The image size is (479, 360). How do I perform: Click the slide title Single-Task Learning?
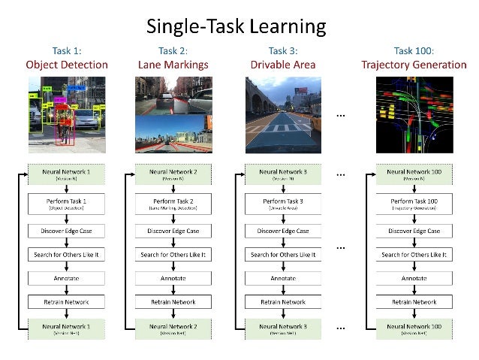[236, 27]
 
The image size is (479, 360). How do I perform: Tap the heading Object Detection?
[67, 65]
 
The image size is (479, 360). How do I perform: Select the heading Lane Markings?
[173, 65]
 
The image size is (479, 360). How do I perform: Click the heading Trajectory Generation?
[413, 65]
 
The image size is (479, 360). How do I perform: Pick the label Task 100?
[413, 50]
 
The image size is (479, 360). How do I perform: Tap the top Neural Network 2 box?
[173, 174]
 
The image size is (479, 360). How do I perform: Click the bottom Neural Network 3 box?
[282, 328]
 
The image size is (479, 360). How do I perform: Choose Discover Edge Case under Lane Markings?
[173, 231]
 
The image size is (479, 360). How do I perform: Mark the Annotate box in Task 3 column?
[282, 278]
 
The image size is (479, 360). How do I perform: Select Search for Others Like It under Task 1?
[67, 255]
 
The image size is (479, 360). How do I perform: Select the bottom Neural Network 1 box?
[67, 328]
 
